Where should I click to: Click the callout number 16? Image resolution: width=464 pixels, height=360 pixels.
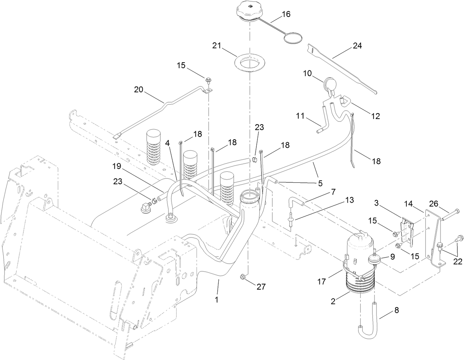point(286,14)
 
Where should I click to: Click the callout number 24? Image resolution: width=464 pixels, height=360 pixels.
point(357,46)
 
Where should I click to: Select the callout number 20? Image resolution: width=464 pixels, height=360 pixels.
point(138,90)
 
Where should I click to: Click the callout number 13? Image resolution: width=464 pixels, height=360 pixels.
point(350,200)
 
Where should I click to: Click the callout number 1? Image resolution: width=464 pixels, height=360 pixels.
point(217,300)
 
